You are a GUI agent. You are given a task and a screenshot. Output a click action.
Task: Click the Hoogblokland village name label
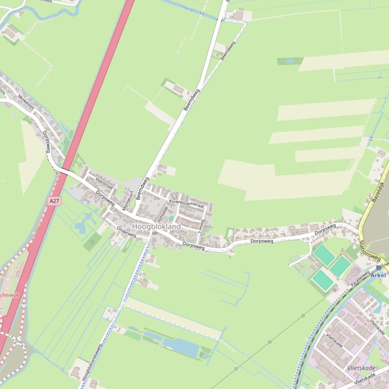coord(156,227)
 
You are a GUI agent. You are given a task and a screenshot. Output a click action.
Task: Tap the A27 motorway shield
coord(54,201)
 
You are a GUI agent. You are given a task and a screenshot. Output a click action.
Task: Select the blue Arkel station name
coord(378,275)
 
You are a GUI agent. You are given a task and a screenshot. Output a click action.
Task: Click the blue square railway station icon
coord(378,267)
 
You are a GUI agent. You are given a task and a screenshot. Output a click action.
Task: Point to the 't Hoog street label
coord(202,224)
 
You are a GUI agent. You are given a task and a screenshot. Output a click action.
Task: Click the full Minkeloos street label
coord(28,104)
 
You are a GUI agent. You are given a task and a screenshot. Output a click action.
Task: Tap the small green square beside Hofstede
coord(171,218)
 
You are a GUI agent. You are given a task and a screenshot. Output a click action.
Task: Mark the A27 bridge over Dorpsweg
coord(63,171)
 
